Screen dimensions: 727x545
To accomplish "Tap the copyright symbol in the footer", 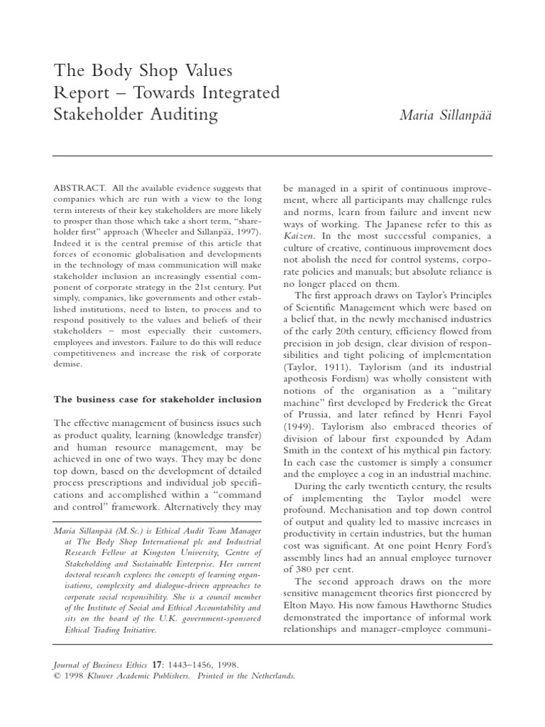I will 57,677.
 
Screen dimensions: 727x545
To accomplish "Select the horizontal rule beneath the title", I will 272,155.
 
